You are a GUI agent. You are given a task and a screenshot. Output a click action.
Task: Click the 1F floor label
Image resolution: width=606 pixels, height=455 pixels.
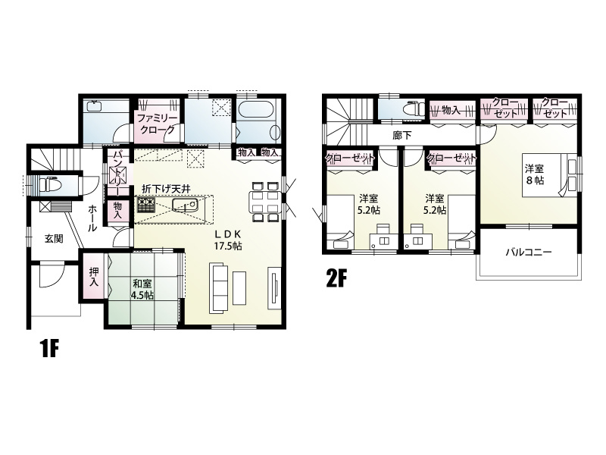[48, 349]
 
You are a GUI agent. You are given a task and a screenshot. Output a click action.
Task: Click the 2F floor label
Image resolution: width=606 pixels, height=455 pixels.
[335, 279]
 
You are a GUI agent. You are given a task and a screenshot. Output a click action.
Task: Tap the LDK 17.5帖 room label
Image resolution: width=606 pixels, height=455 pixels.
[228, 240]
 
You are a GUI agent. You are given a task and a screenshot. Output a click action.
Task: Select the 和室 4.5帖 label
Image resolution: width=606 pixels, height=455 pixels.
[143, 289]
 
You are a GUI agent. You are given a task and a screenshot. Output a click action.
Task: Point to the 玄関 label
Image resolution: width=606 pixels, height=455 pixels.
[53, 239]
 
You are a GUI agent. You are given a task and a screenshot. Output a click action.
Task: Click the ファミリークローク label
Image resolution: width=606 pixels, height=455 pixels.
[157, 124]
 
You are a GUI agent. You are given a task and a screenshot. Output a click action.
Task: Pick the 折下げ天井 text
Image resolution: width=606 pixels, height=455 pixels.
[166, 189]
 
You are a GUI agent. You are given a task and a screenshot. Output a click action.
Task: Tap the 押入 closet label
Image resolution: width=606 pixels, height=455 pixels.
[94, 277]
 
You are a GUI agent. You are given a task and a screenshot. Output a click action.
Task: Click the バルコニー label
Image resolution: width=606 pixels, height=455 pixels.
[529, 253]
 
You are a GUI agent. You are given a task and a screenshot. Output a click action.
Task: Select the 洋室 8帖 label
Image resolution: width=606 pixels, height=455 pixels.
[535, 174]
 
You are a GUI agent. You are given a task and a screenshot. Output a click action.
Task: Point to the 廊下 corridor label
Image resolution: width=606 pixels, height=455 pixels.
[402, 136]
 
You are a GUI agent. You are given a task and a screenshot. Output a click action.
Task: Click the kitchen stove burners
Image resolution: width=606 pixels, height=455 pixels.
[145, 204]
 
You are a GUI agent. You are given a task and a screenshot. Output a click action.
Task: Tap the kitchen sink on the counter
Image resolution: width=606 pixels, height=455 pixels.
[185, 204]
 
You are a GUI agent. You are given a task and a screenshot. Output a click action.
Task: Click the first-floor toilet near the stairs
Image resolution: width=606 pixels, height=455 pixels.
[49, 184]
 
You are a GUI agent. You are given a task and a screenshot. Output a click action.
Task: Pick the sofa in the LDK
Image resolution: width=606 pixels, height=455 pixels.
[219, 287]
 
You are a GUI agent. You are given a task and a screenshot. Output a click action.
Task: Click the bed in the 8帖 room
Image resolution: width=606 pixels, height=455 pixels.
[550, 175]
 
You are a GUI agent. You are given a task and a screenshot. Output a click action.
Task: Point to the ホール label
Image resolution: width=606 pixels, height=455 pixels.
[92, 218]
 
